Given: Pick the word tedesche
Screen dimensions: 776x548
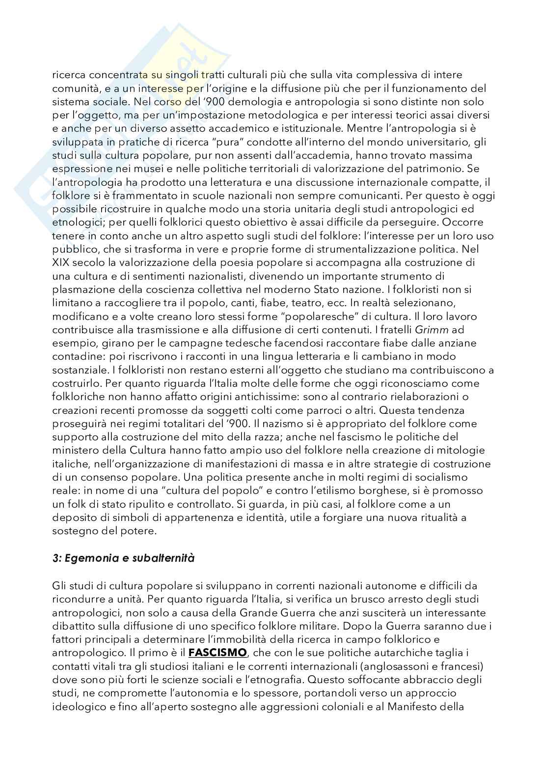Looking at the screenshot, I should coord(199,343).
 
